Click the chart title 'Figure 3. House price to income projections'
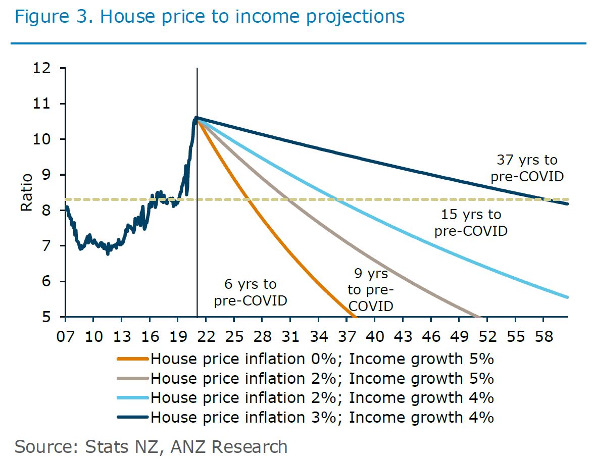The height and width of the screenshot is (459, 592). coord(210,17)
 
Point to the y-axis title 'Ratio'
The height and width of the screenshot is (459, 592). coord(27,192)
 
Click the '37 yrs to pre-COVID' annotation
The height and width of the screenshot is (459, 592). coord(527,169)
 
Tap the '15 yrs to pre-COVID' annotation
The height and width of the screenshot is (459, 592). coord(471,223)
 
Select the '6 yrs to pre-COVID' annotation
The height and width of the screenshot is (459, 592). coord(251,293)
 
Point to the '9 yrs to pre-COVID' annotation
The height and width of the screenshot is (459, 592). coord(371,290)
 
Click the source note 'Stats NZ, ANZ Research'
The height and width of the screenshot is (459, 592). coord(152,446)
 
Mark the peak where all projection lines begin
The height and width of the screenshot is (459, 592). coord(196,118)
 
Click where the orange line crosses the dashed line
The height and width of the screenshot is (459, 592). coord(250,199)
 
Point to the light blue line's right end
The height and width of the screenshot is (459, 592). coord(568,297)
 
